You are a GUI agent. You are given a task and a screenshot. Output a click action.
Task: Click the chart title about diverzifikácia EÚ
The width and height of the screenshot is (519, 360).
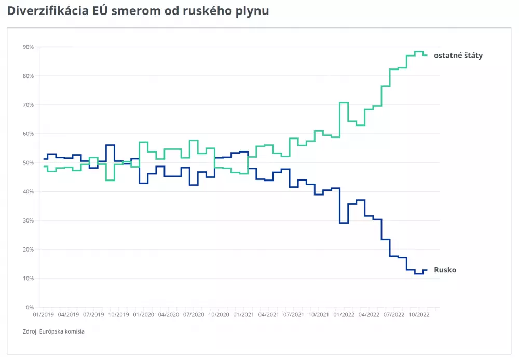[138, 11]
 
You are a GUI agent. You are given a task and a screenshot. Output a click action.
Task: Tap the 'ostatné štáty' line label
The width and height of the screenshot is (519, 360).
[458, 55]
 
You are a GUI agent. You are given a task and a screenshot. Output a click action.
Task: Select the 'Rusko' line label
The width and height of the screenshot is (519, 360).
[445, 270]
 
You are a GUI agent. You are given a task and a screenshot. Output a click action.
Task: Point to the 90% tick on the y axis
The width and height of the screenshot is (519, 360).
[28, 47]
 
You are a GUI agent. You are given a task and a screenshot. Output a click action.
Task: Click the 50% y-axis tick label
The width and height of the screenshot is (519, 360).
[28, 163]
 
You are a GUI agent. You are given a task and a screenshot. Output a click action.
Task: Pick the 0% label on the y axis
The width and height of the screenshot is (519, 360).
[30, 308]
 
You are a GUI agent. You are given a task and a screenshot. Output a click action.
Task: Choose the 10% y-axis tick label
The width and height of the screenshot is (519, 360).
[28, 279]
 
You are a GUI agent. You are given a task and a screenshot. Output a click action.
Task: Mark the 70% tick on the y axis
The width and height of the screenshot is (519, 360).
[28, 105]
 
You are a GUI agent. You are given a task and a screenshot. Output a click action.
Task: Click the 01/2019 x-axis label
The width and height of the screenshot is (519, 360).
[44, 314]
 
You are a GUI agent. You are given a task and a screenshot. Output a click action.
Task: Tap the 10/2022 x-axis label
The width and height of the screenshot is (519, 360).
[418, 314]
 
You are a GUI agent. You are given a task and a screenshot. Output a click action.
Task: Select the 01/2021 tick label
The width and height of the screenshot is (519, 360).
[243, 314]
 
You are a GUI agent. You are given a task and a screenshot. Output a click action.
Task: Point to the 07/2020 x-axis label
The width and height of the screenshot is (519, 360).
[194, 314]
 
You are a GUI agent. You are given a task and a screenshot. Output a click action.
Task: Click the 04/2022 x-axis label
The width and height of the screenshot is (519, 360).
[368, 314]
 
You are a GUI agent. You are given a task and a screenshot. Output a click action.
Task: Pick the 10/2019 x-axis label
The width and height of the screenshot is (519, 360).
[118, 314]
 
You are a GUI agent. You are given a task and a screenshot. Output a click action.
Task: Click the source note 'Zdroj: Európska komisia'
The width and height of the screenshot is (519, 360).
[53, 331]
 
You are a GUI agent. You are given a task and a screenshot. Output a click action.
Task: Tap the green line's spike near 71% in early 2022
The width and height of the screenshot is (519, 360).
[344, 103]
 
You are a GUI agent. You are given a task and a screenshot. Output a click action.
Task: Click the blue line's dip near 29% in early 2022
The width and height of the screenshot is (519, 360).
[344, 223]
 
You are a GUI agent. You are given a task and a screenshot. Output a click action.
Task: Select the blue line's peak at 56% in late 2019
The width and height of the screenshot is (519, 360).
[110, 145]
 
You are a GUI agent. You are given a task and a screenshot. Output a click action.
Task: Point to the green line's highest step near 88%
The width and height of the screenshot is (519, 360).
[419, 52]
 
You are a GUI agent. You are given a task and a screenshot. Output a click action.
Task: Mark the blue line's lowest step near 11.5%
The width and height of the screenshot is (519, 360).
[419, 273]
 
